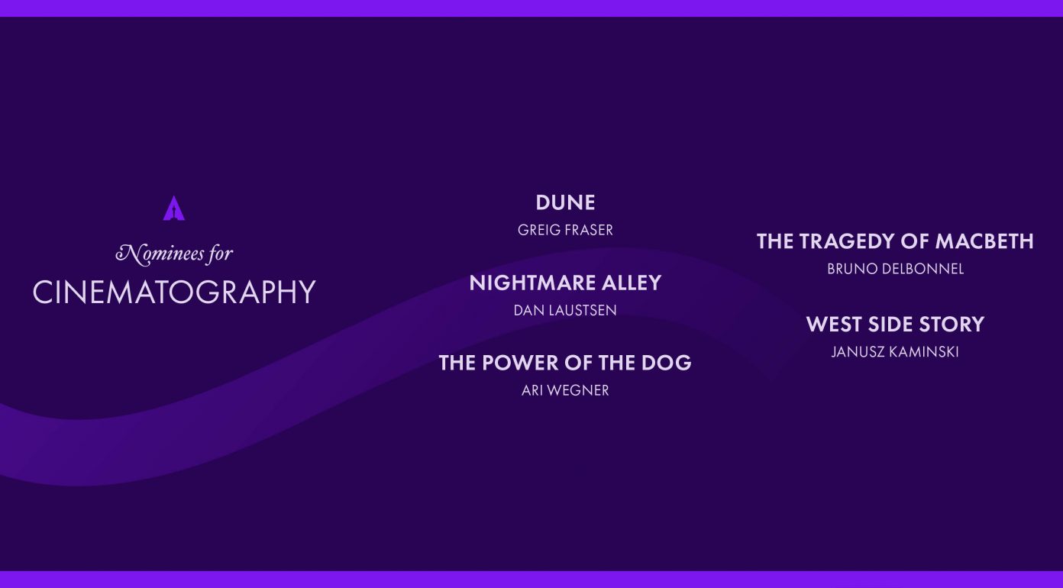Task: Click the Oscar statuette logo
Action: point(173,208)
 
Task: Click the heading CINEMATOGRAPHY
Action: point(174,292)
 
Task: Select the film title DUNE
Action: point(565,202)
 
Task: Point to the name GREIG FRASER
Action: point(565,230)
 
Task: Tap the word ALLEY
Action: point(632,283)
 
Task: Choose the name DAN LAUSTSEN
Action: point(565,310)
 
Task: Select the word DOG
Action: point(666,363)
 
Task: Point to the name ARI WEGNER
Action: point(565,390)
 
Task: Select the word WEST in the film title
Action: point(834,325)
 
